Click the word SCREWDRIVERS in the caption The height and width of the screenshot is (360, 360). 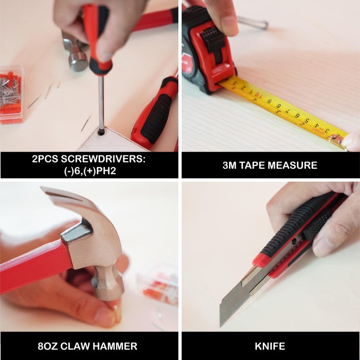(x=103, y=159)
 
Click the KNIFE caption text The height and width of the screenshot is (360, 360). (x=270, y=346)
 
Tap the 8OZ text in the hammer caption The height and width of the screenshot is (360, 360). (x=48, y=346)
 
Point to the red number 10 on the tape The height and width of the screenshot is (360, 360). (x=257, y=94)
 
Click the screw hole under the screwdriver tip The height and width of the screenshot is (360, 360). (x=100, y=132)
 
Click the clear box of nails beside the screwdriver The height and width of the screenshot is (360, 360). (x=12, y=94)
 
